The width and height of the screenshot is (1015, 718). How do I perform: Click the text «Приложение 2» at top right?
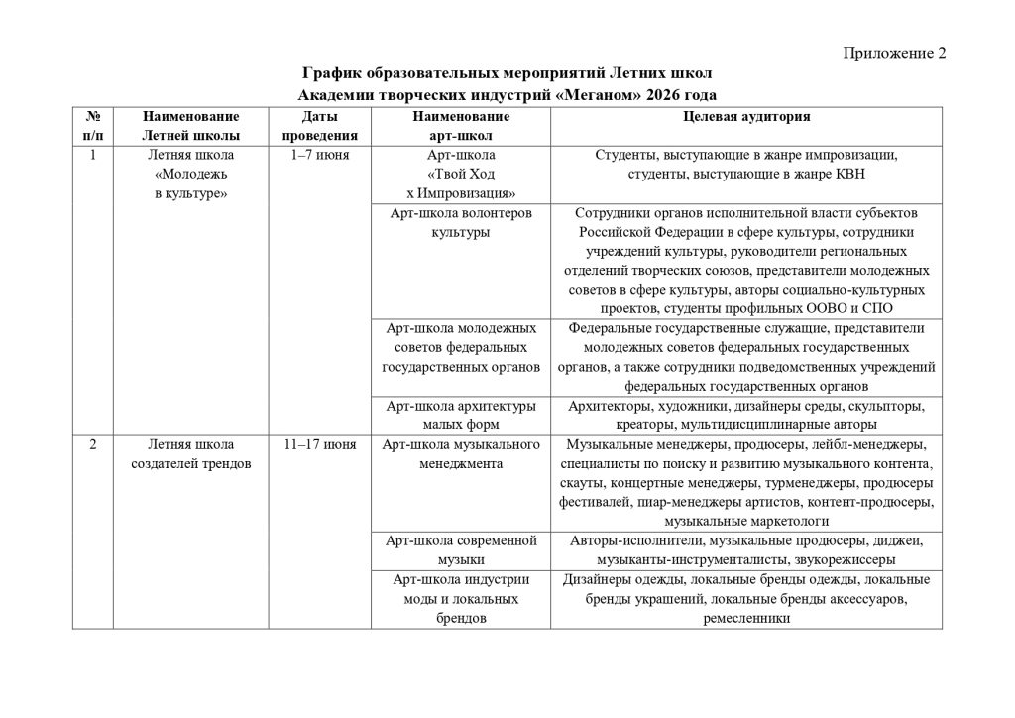(895, 54)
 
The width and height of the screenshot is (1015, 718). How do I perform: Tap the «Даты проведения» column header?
(319, 125)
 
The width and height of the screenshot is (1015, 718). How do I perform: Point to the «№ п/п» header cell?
(92, 125)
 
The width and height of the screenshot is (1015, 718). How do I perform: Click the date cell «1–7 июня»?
(319, 156)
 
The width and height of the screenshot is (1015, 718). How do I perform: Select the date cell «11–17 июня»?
(319, 444)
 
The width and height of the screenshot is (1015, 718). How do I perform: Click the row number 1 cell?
(92, 156)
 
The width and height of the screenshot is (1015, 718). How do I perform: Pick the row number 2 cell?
(92, 444)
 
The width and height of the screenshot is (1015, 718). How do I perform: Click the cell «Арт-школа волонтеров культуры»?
(461, 223)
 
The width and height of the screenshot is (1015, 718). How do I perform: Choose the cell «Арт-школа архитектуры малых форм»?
(461, 415)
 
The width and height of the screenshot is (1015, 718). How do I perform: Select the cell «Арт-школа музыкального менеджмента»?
(461, 454)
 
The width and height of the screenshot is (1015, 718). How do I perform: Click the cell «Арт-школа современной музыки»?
(461, 550)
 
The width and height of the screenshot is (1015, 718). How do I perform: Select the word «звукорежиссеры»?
(815, 560)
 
